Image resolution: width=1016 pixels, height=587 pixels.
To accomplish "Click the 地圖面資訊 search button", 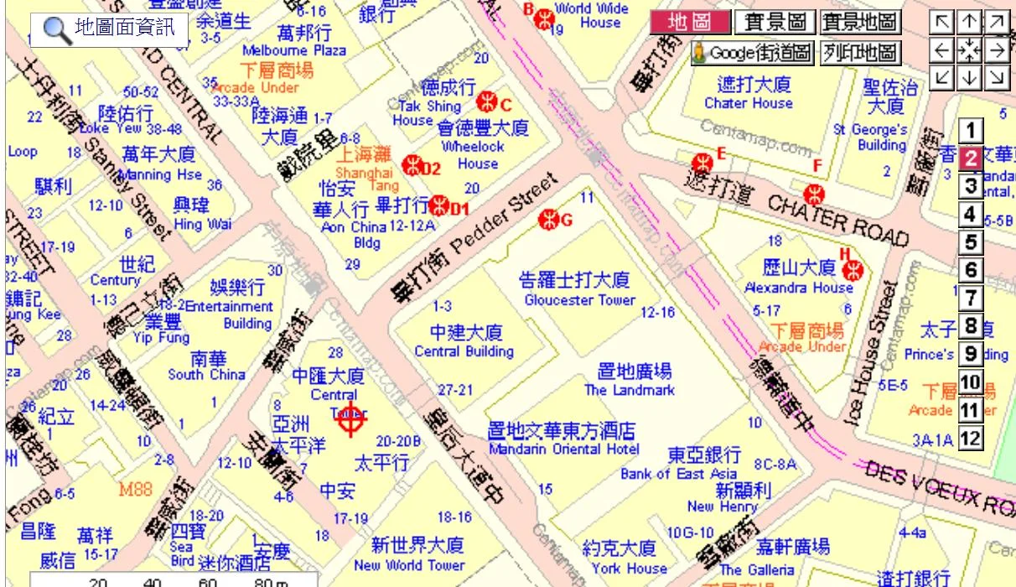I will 109,29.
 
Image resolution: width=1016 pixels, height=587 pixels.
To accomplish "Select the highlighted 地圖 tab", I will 689,23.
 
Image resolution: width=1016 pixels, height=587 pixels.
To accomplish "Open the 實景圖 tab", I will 775,23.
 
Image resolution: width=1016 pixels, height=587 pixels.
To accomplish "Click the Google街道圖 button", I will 752,54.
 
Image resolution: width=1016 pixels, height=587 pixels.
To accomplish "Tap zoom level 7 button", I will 970,298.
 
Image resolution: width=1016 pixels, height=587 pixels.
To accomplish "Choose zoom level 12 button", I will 970,438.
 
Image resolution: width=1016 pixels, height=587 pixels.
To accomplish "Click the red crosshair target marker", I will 352,418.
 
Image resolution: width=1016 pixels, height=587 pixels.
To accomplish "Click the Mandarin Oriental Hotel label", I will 563,449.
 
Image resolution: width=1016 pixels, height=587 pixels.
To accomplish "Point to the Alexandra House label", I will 798,288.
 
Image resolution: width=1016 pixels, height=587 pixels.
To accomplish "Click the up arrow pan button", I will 969,22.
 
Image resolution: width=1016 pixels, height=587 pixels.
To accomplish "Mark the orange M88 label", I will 136,489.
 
